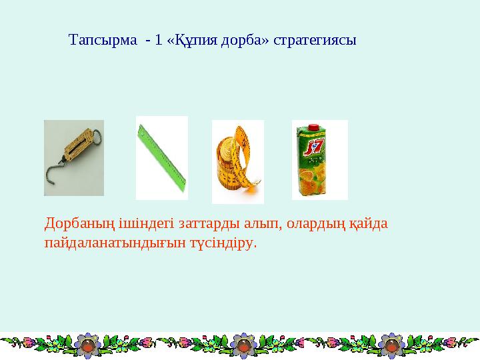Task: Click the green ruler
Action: click(161, 157)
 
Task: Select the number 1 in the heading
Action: click(158, 40)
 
